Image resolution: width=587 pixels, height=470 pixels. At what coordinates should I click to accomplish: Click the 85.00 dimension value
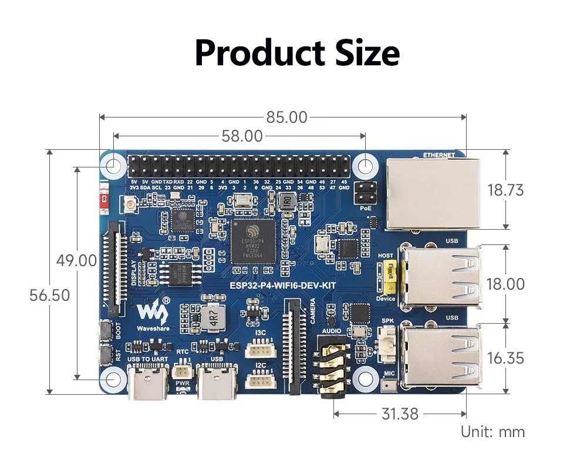[x=286, y=117]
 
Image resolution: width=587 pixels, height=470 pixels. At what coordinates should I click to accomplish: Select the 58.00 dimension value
[x=242, y=136]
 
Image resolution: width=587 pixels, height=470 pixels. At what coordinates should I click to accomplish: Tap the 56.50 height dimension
[x=50, y=295]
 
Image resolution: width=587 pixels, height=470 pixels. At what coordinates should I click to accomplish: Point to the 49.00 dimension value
[x=76, y=260]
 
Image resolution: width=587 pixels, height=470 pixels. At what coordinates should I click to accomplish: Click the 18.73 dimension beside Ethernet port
[x=505, y=190]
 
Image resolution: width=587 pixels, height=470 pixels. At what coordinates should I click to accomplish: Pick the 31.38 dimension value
[x=400, y=414]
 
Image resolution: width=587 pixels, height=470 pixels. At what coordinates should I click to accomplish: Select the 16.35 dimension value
[x=505, y=358]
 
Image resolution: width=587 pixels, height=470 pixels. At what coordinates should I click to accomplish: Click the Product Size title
[x=296, y=53]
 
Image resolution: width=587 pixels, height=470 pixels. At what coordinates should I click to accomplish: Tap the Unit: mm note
[x=492, y=432]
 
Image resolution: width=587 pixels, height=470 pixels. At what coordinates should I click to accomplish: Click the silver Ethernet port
[x=433, y=193]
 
